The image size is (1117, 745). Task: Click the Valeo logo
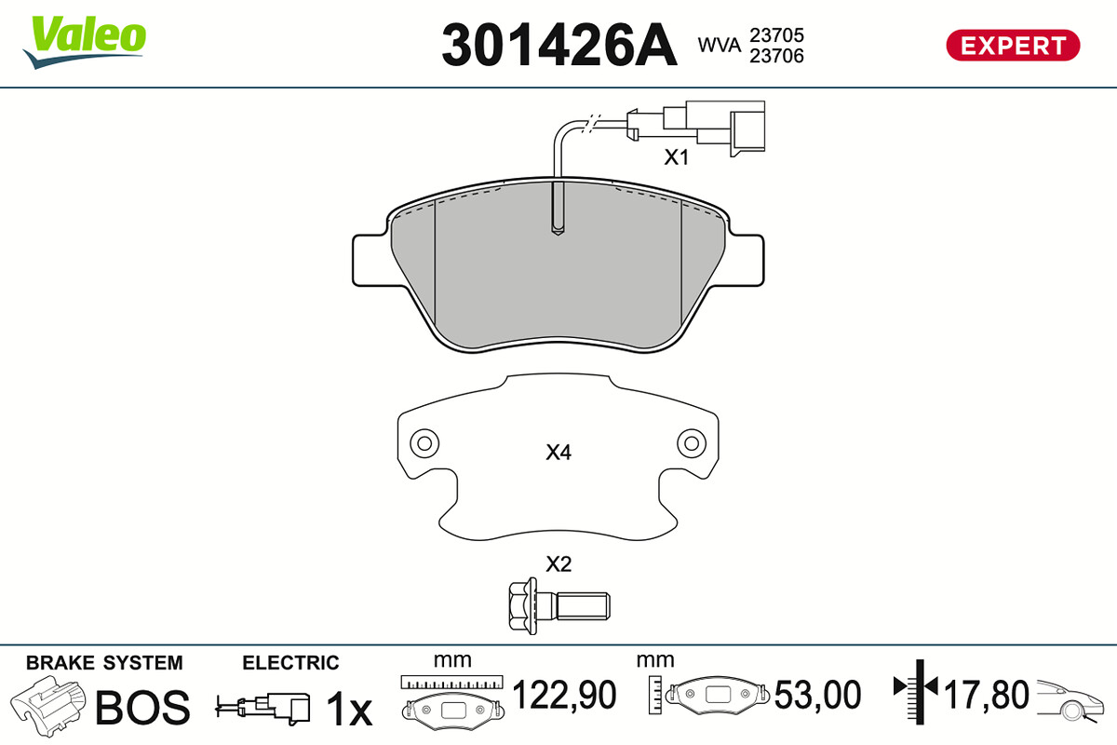85,42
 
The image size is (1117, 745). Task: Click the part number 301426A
559,45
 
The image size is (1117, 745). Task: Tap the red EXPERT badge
1013,46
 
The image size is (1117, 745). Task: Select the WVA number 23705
777,35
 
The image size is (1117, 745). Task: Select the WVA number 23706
777,56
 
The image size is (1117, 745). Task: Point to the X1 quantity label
676,157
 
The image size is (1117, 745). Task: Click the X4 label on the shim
558,452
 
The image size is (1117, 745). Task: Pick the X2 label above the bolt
558,563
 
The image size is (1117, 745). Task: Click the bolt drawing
559,606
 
